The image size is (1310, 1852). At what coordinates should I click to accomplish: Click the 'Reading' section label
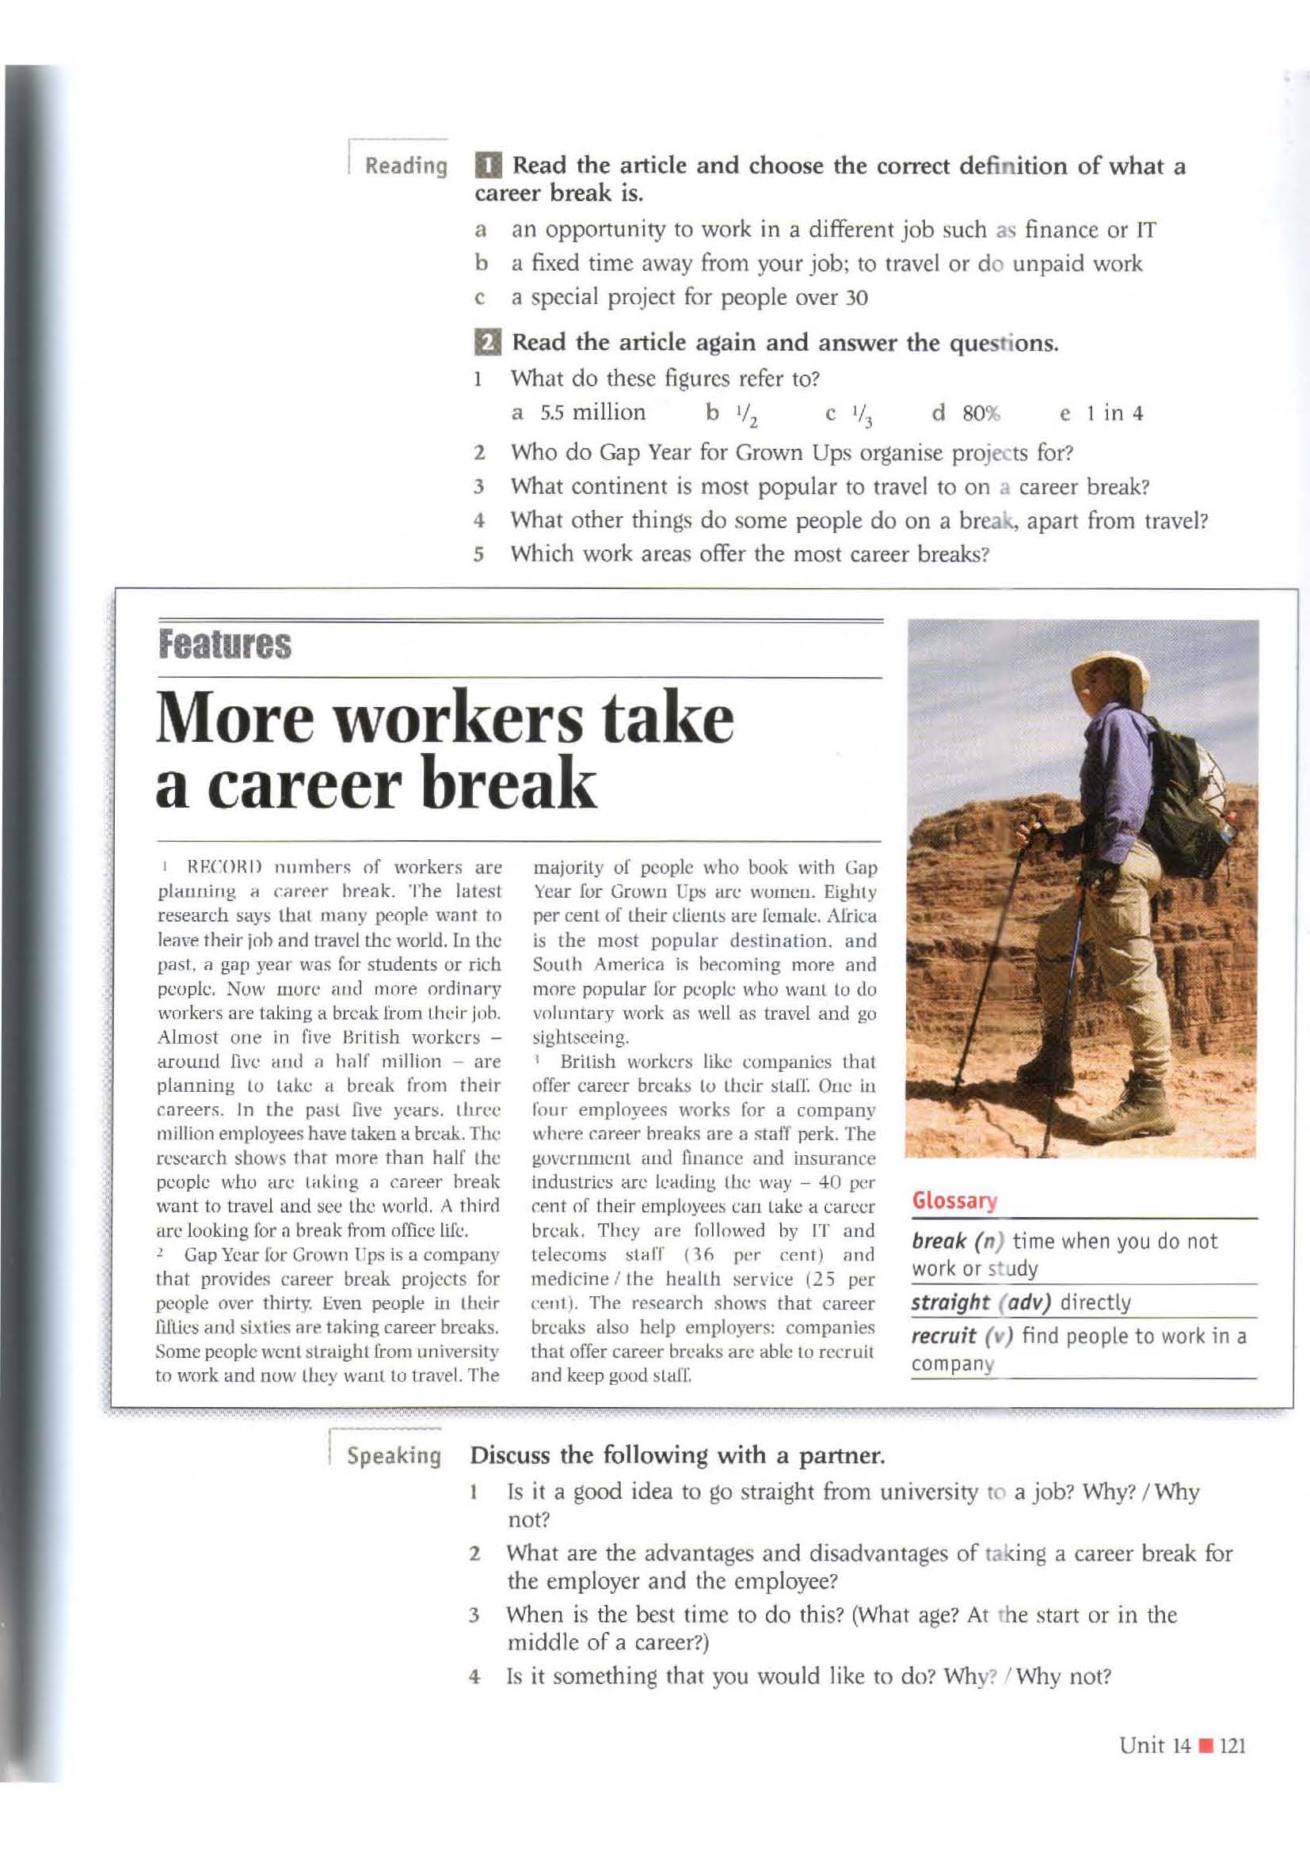pyautogui.click(x=406, y=166)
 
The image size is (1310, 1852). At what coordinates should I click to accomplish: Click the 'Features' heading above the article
pyautogui.click(x=224, y=645)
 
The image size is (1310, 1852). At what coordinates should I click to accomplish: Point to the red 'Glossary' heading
pyautogui.click(x=954, y=1201)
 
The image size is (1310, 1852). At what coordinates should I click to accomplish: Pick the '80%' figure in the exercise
pyautogui.click(x=981, y=414)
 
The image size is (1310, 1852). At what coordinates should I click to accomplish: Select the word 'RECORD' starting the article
pyautogui.click(x=213, y=868)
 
